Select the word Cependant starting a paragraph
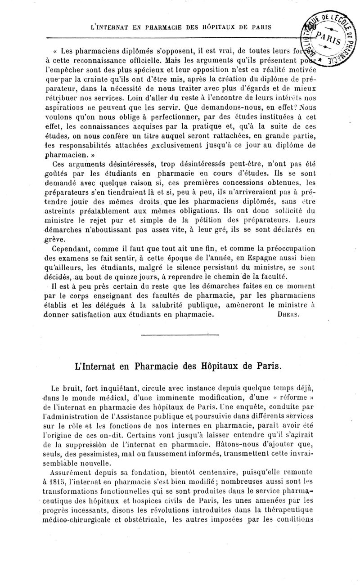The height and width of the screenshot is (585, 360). point(73,248)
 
